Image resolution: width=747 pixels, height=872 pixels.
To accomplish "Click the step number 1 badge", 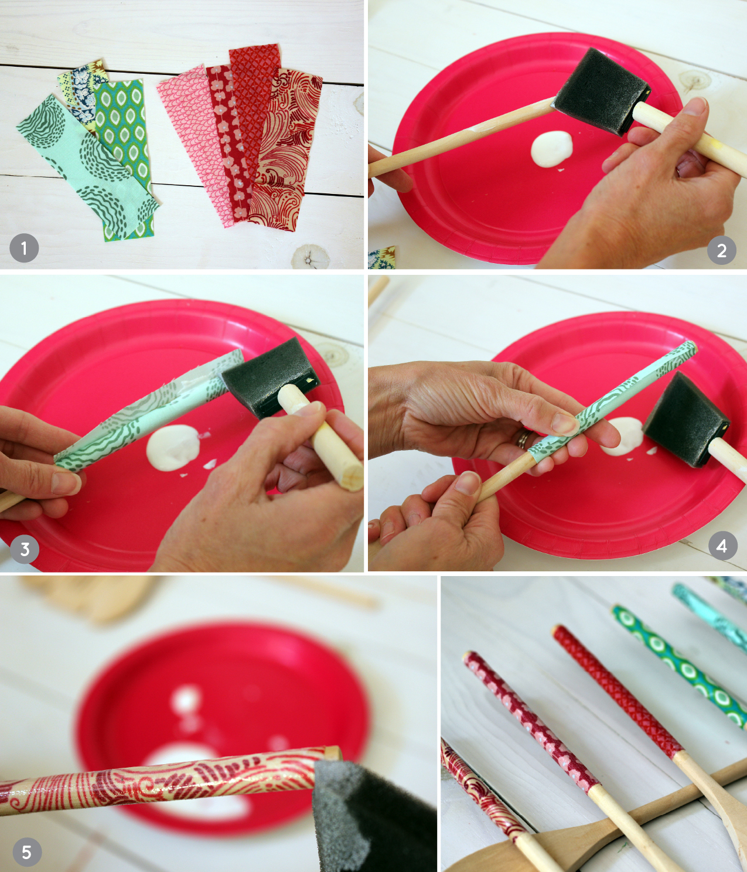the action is [x=24, y=248].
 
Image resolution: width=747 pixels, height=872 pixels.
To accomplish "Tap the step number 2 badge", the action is [x=722, y=251].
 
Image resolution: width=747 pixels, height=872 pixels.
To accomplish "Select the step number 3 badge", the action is [x=25, y=549].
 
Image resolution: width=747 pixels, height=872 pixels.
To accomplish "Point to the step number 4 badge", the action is [x=722, y=546].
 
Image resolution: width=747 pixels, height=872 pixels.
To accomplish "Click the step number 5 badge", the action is [x=26, y=852].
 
